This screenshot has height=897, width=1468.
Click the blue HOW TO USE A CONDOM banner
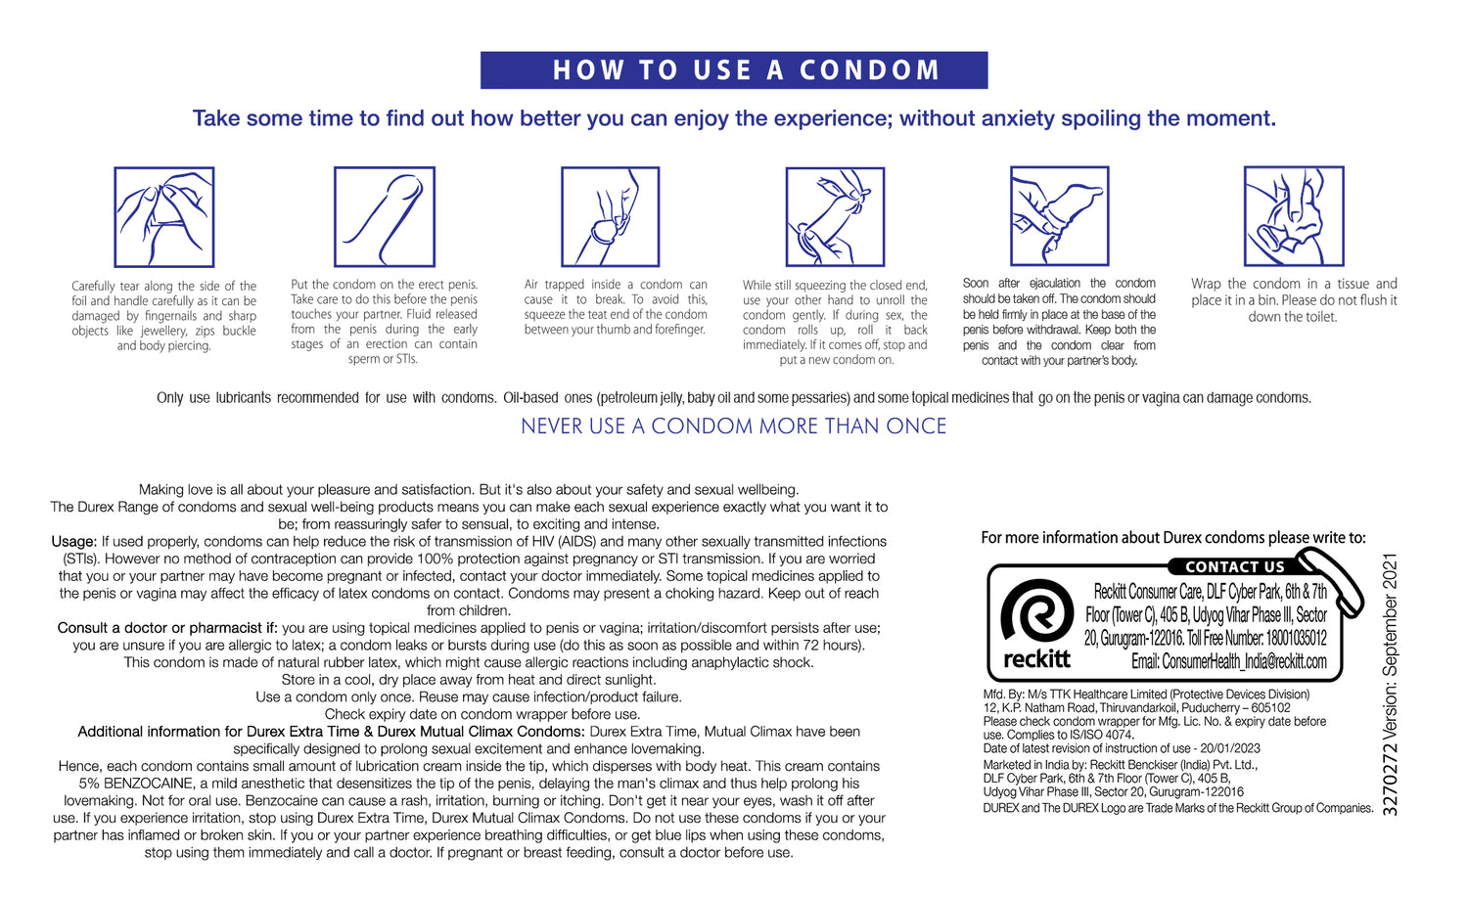click(x=734, y=70)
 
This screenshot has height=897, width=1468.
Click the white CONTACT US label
click(x=1234, y=567)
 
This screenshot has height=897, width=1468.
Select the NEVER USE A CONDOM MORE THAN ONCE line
click(x=734, y=426)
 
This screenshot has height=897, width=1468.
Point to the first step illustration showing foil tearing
click(x=164, y=217)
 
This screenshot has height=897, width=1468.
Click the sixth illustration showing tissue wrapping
click(x=1294, y=215)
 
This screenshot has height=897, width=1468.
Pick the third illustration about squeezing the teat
click(x=610, y=216)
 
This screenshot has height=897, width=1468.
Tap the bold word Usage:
click(x=74, y=542)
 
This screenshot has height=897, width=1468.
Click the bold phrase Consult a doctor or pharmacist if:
click(x=167, y=628)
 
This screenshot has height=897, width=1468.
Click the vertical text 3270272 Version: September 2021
click(x=1391, y=685)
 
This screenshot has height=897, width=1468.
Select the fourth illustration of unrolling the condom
click(x=835, y=217)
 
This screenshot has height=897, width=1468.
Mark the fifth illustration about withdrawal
click(x=1060, y=215)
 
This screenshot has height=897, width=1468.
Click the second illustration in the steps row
click(x=385, y=216)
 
